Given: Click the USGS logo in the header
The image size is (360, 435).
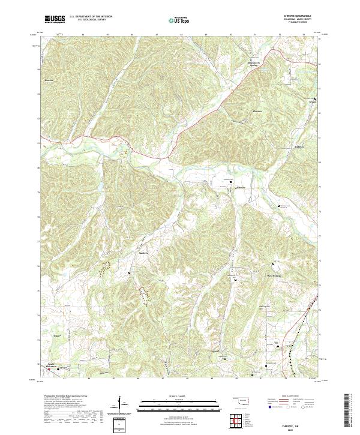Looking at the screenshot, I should [55, 19].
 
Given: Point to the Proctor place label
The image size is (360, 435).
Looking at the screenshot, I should [49, 79].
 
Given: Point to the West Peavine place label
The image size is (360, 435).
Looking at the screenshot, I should [274, 276].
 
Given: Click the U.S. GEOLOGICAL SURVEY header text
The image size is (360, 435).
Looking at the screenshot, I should [91, 20].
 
